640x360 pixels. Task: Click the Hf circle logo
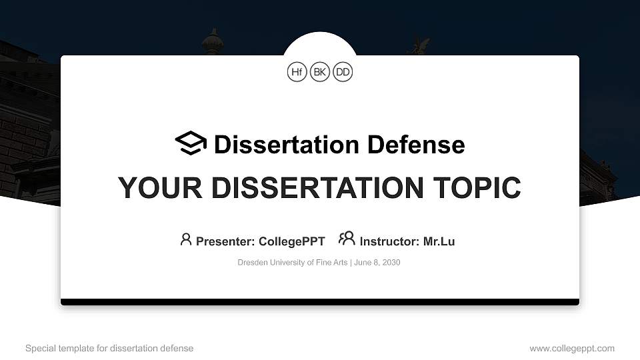click(297, 72)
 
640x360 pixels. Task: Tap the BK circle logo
click(320, 72)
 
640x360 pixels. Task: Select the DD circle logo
click(343, 72)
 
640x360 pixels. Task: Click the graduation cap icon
click(191, 143)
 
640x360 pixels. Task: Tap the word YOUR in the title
click(151, 188)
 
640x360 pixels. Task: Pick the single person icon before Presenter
click(186, 239)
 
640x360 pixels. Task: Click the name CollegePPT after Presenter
click(293, 241)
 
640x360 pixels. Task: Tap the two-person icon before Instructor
click(347, 238)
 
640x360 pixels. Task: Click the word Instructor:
click(389, 241)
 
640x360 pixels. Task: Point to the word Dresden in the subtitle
click(253, 263)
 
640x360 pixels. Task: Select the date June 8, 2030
click(377, 263)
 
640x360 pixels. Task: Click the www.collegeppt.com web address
click(572, 349)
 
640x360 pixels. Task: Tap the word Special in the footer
click(40, 349)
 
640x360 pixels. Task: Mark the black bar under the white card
click(320, 302)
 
